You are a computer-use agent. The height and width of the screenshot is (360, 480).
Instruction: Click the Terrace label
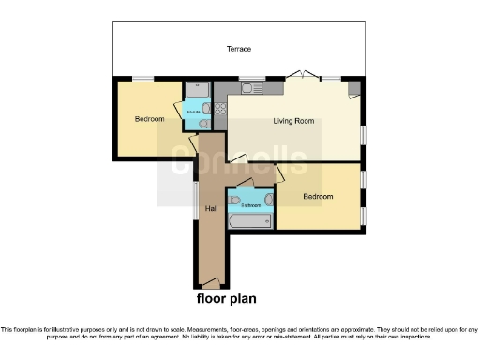click(238, 49)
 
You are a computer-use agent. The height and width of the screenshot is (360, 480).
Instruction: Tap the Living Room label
click(292, 121)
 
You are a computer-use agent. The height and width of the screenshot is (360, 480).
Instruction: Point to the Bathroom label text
click(250, 204)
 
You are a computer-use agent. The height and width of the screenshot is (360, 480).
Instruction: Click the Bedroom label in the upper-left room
click(149, 119)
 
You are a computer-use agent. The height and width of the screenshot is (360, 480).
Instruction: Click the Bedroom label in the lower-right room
click(317, 197)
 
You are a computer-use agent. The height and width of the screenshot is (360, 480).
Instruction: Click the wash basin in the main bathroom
click(268, 199)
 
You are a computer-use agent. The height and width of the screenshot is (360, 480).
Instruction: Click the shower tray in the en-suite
click(198, 90)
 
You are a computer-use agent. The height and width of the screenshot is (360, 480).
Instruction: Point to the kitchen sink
click(249, 89)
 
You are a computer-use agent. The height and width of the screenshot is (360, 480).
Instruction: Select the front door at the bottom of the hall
click(212, 282)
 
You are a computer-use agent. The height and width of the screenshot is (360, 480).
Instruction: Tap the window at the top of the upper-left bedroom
click(142, 80)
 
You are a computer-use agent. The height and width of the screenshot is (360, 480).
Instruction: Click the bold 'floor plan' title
click(225, 300)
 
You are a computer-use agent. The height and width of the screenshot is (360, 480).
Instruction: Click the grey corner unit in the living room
click(352, 89)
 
